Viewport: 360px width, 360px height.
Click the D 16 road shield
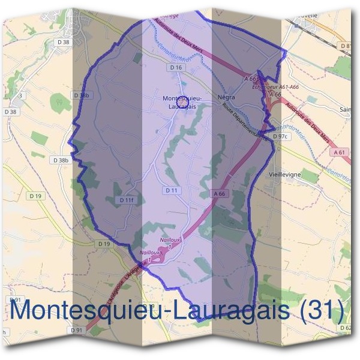176,68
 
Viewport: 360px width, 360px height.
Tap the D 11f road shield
126,200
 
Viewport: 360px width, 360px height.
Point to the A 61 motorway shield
339,153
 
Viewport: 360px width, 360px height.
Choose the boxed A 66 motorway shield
220,194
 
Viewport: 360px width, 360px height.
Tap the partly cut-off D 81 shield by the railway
347,46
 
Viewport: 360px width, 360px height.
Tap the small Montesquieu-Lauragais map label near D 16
182,101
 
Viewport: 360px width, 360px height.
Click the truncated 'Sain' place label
345,109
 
